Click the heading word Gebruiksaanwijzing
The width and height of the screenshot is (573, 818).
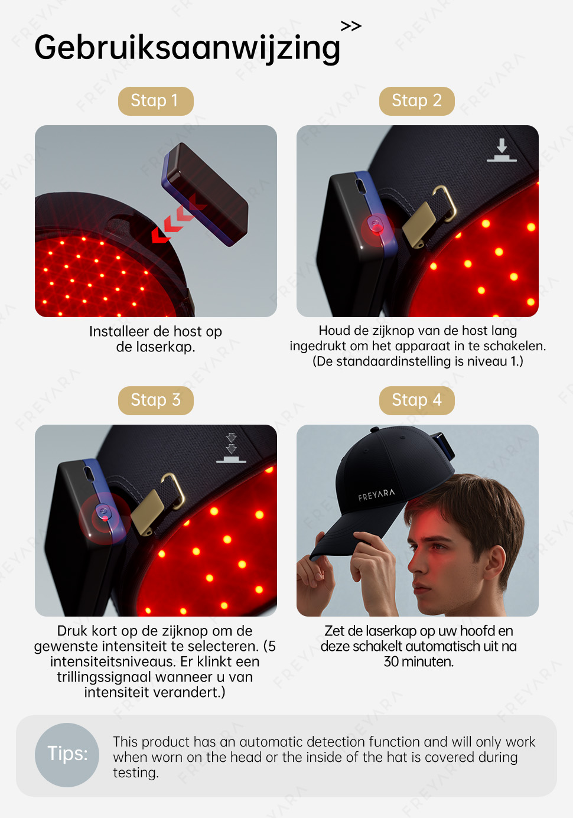point(187,48)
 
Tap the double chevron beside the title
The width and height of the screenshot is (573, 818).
point(351,26)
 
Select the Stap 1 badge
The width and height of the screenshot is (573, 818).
point(155,101)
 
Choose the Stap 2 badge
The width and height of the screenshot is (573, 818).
point(416,101)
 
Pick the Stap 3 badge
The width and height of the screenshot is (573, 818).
point(155,400)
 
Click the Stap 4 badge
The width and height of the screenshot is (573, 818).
point(416,400)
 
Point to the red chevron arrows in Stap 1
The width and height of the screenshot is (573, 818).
point(179,219)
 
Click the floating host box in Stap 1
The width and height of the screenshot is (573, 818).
point(205,194)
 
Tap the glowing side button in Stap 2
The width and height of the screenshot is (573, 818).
point(376,224)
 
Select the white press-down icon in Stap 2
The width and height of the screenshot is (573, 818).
point(502,150)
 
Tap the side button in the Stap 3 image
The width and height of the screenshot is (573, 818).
point(104,513)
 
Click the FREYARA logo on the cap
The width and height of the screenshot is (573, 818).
point(376,495)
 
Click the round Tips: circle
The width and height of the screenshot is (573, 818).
point(67,755)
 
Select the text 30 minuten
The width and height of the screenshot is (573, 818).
point(418,661)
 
